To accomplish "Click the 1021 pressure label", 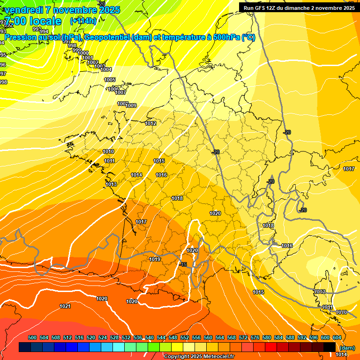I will point(65,306).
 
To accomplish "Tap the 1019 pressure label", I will point(155,259).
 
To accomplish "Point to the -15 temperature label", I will point(183,264).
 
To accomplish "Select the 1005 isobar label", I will point(110,80).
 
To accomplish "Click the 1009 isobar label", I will point(131,105).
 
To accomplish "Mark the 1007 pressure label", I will point(120,92).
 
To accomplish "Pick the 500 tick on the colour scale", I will point(32,337).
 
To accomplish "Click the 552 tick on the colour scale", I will point(185,337).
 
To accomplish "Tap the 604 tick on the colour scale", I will point(337,337).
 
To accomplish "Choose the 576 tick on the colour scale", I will point(255,337).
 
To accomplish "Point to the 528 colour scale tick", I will point(114,337).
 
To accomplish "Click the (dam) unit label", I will point(347,347).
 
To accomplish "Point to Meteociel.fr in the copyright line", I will point(217,356).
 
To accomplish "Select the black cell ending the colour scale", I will point(330,347).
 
